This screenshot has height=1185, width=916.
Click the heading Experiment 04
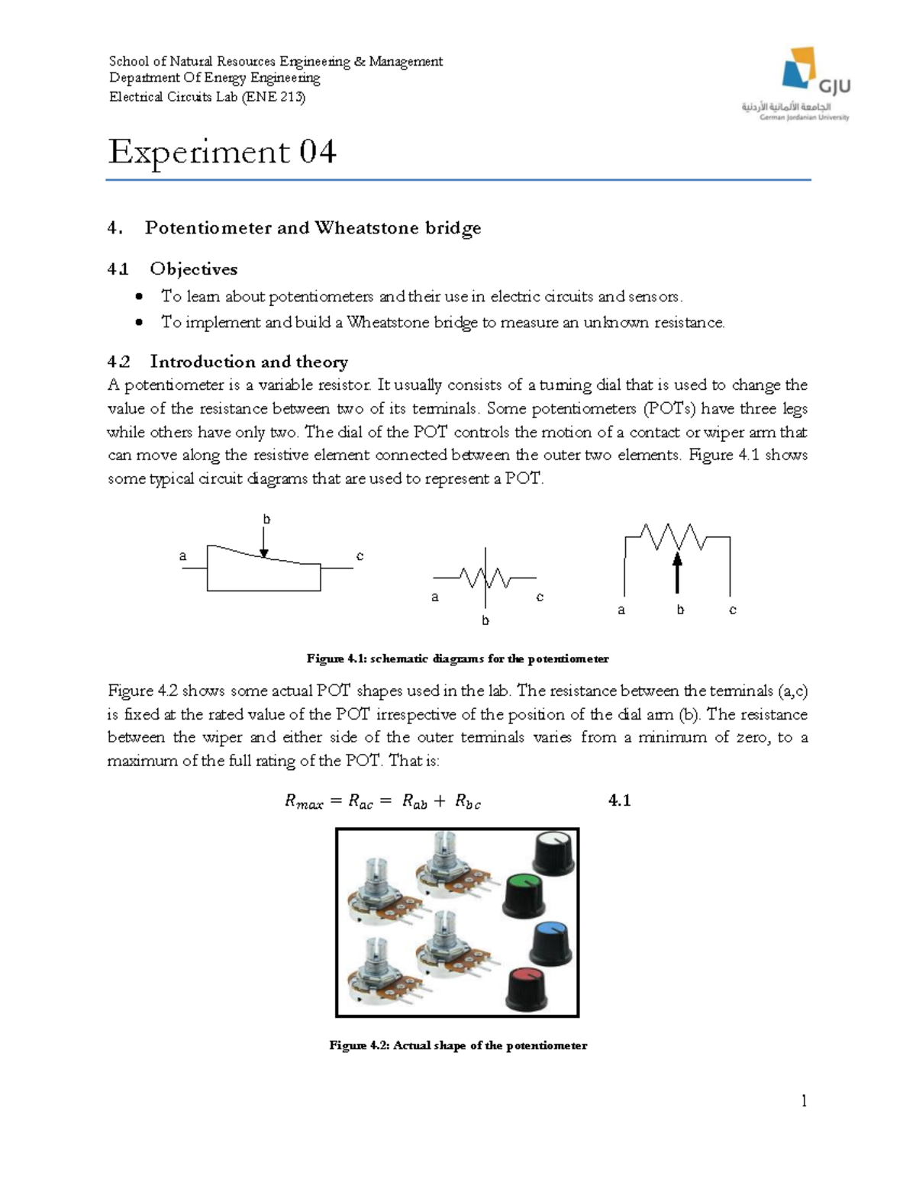point(222,152)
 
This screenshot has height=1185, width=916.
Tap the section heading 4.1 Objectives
point(173,269)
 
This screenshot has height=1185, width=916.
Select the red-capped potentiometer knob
point(525,987)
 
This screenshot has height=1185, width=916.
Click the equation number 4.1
point(619,800)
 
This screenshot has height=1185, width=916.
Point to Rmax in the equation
point(304,802)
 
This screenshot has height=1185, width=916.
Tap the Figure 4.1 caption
point(457,659)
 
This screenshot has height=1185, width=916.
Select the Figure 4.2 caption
point(458,1045)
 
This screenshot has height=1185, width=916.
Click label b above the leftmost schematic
point(266,519)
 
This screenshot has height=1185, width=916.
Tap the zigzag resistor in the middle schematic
point(485,578)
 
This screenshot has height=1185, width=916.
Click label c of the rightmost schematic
point(733,610)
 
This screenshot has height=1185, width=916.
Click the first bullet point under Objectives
point(139,297)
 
